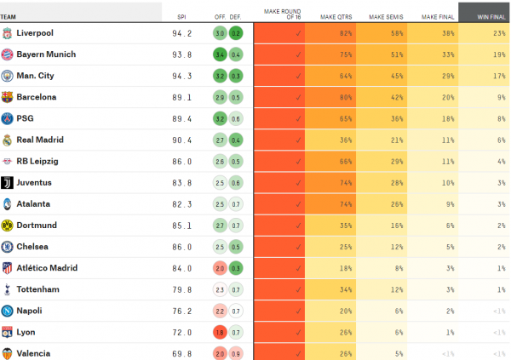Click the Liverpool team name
point(35,33)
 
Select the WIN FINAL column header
point(484,16)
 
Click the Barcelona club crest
point(8,97)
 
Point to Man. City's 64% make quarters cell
point(330,76)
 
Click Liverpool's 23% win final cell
point(484,33)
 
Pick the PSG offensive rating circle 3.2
point(220,118)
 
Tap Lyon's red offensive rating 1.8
point(220,332)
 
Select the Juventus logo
point(8,182)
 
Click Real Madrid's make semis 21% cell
point(382,140)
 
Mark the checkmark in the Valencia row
point(298,353)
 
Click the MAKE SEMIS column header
point(382,16)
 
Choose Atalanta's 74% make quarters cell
point(330,204)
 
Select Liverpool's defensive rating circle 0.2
point(236,33)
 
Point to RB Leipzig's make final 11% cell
point(433,161)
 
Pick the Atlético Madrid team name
point(46,268)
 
